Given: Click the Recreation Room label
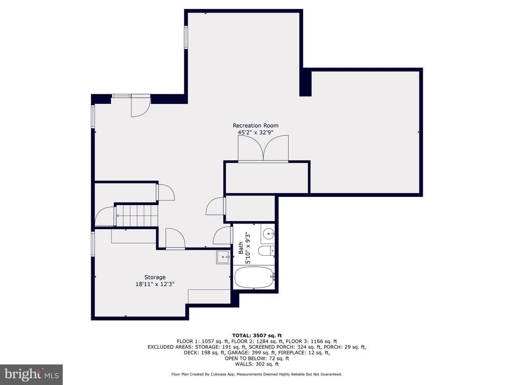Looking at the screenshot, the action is [255, 125].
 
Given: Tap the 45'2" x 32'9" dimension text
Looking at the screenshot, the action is [255, 132].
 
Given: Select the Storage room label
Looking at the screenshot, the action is [155, 277].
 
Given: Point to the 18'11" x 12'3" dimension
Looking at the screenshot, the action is [155, 284].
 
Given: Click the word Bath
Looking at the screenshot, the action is [241, 248].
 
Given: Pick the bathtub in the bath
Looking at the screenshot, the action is [254, 278].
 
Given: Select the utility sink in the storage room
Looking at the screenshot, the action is [223, 257].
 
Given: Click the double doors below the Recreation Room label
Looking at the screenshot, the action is [263, 148].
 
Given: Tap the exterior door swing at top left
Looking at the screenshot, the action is [141, 106].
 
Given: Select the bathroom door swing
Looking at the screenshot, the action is [222, 236].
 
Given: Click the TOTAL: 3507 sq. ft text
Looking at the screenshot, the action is [256, 335].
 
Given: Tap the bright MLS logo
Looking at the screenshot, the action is [31, 374].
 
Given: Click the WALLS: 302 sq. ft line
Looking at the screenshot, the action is [256, 364].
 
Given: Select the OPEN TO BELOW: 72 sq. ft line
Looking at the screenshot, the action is [256, 358].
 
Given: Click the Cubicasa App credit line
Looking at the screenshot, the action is [256, 374].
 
